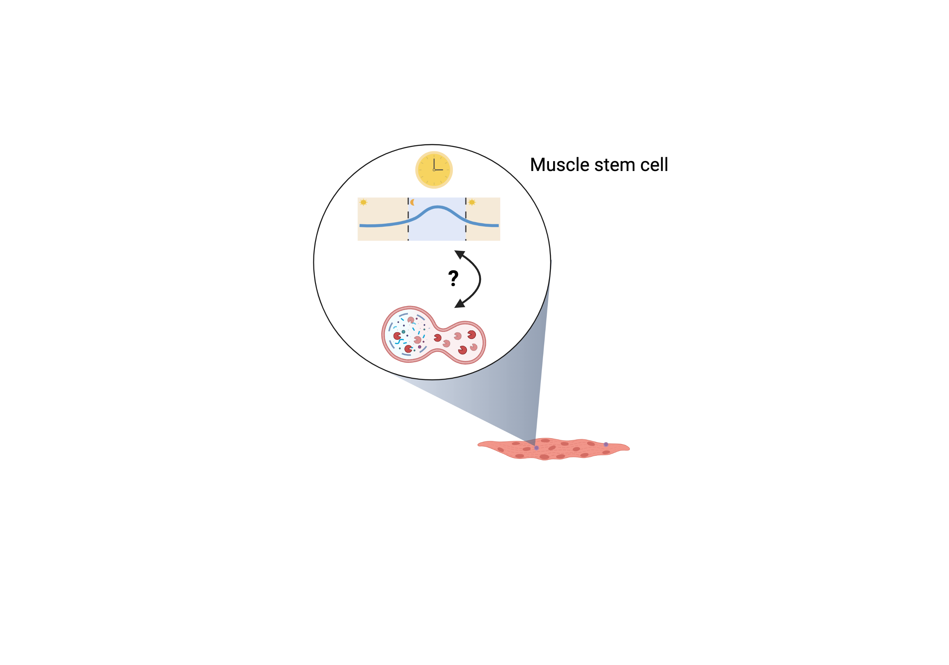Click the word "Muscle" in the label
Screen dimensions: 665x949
(559, 165)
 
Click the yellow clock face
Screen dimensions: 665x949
(434, 170)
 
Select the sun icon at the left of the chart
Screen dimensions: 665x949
(363, 202)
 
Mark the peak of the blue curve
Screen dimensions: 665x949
(437, 207)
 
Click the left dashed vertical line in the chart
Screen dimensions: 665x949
(409, 219)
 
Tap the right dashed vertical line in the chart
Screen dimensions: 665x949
(466, 219)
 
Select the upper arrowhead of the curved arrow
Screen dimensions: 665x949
(459, 254)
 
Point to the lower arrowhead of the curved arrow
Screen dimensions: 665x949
(459, 304)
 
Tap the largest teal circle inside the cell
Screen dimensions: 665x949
(403, 332)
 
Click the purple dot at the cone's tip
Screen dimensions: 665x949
(536, 448)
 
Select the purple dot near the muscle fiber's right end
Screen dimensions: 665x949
(606, 445)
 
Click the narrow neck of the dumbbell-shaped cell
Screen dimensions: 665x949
(440, 339)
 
